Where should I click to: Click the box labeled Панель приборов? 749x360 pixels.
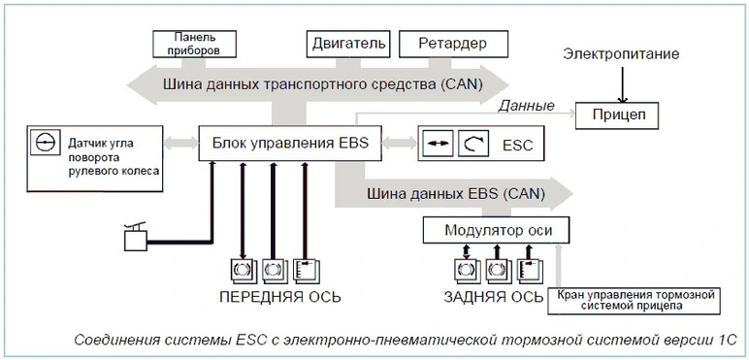click(x=194, y=44)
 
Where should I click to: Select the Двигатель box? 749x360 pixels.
click(x=348, y=44)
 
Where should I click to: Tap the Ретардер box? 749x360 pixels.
click(x=453, y=44)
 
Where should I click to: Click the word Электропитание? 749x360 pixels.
click(x=621, y=54)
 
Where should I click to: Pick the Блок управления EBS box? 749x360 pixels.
click(x=290, y=143)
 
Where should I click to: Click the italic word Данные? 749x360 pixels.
click(x=526, y=106)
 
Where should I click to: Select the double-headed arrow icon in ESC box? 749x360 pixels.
click(x=440, y=144)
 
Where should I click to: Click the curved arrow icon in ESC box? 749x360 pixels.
click(x=473, y=144)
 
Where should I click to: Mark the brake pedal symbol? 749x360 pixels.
click(x=136, y=237)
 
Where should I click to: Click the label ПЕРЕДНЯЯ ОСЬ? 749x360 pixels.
click(x=280, y=297)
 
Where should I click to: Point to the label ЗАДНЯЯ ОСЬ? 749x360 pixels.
click(x=494, y=297)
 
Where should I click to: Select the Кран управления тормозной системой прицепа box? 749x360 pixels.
click(x=634, y=300)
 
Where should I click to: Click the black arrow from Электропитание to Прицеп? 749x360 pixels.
click(x=623, y=84)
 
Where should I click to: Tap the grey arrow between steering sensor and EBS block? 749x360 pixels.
click(x=180, y=143)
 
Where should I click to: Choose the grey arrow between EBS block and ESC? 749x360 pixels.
click(x=400, y=143)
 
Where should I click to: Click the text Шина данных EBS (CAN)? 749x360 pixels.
click(x=456, y=194)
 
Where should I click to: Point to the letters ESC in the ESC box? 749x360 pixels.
click(x=517, y=145)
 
